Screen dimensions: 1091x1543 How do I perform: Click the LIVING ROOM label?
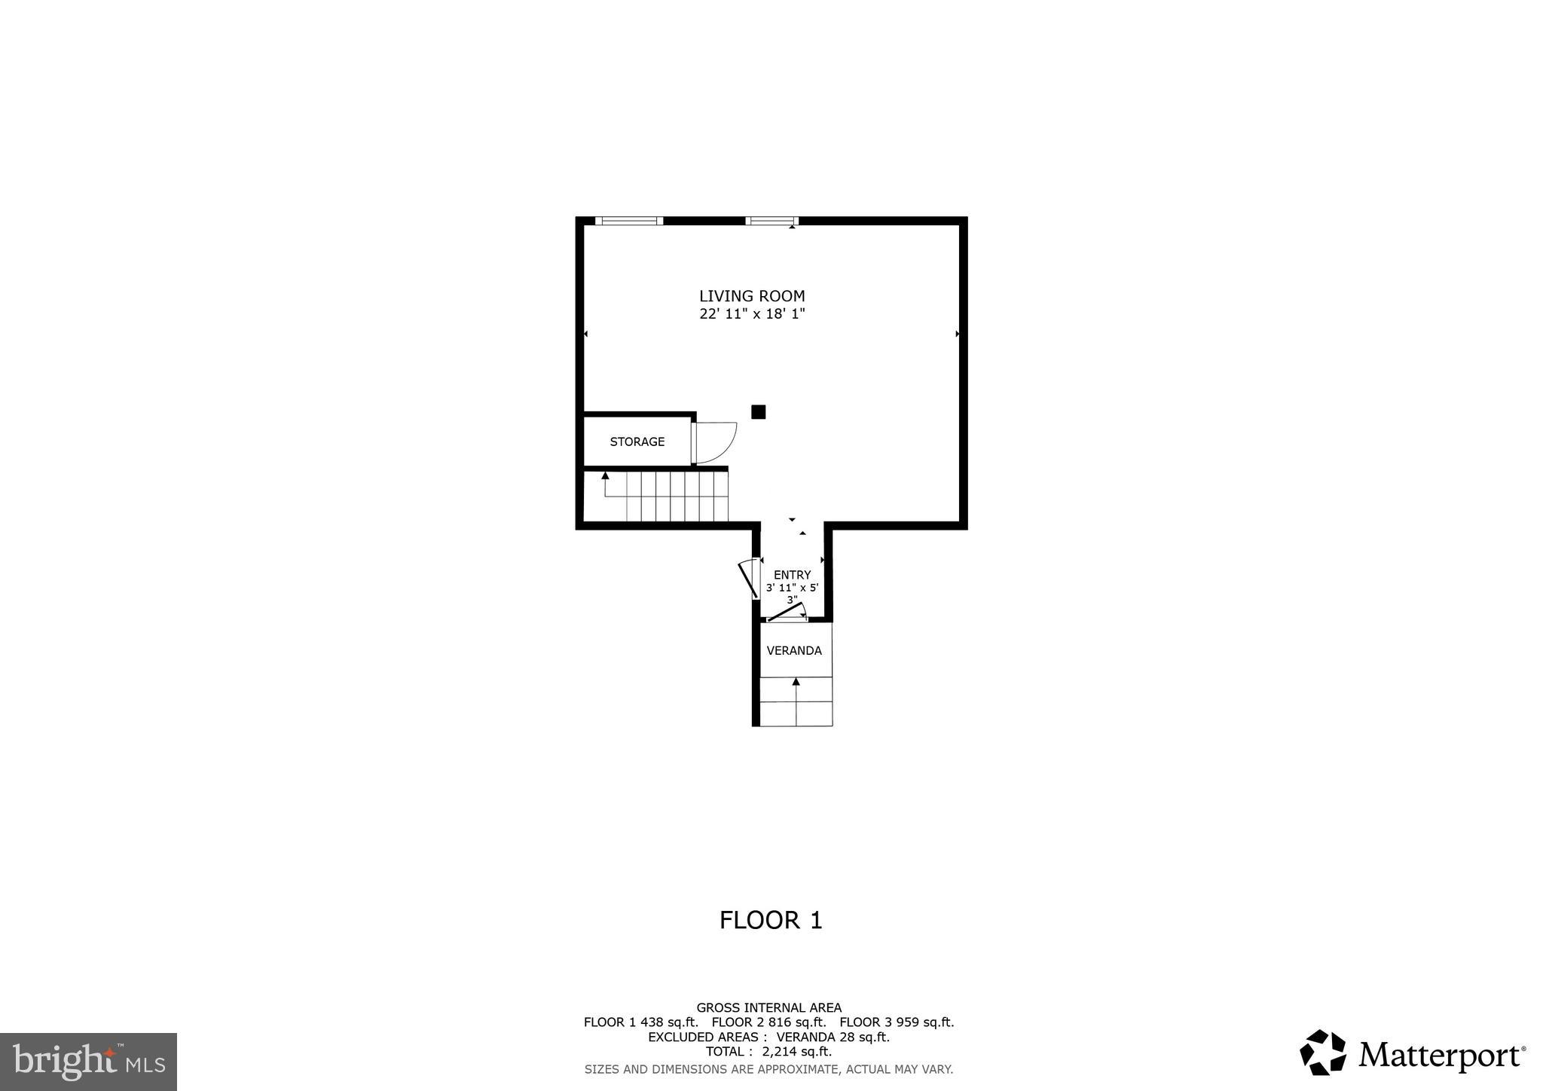[x=751, y=296]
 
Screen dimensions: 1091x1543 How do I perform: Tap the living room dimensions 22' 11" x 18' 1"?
[x=752, y=314]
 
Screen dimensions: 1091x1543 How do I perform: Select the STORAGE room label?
[x=637, y=442]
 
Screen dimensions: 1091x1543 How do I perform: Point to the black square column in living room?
[x=758, y=411]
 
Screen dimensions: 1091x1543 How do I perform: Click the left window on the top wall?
[x=628, y=221]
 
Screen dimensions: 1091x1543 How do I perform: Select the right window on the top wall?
[x=771, y=221]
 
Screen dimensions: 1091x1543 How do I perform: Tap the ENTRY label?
[x=792, y=575]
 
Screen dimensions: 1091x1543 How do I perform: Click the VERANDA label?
[x=794, y=650]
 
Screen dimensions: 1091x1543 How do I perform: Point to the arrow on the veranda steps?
[x=796, y=683]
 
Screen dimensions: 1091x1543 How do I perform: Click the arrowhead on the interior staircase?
[x=605, y=475]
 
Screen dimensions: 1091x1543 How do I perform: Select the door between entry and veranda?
[x=786, y=612]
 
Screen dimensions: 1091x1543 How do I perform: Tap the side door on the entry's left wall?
[x=748, y=578]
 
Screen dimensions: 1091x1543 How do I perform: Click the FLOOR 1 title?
[x=770, y=920]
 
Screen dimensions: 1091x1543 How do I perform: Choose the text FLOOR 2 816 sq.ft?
[x=768, y=1022]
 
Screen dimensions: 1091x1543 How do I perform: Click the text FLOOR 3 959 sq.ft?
[x=897, y=1022]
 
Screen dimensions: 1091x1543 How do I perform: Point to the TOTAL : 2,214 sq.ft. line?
[x=768, y=1051]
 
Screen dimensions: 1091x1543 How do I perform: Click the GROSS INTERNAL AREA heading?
[x=768, y=1007]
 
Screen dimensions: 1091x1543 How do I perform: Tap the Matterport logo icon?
[x=1322, y=1053]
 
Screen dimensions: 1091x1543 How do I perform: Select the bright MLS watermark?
[x=88, y=1062]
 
